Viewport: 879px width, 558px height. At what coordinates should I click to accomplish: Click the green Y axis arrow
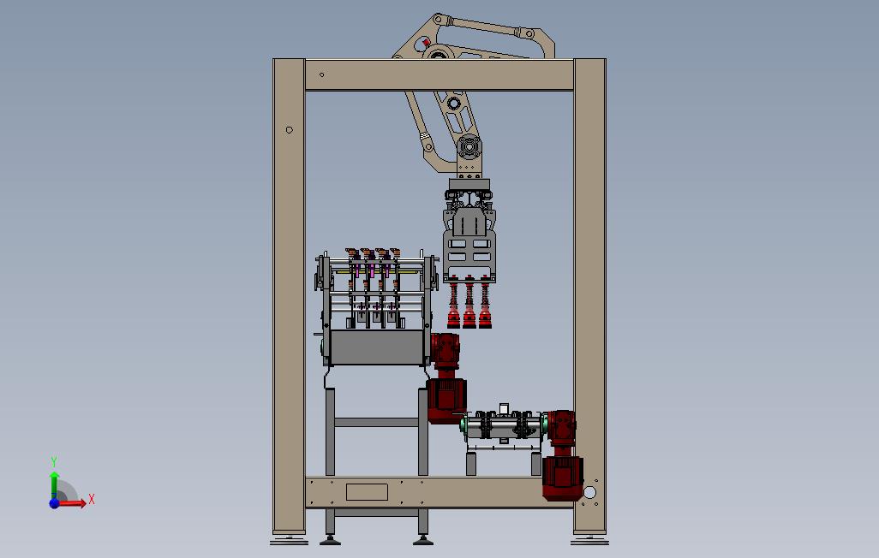[54, 484]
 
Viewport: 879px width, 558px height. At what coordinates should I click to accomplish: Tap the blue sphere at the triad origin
[54, 503]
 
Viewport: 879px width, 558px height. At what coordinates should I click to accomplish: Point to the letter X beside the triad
[92, 499]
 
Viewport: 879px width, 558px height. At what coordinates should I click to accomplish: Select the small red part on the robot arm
[426, 42]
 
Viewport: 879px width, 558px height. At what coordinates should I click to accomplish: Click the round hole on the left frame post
[290, 130]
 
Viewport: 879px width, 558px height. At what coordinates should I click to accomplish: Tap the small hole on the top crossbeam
[322, 74]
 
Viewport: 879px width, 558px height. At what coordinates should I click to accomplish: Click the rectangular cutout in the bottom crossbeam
[368, 492]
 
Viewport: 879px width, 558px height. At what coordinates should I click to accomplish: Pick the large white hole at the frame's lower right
[589, 492]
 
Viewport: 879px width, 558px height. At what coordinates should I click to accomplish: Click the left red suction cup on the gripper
[453, 317]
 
